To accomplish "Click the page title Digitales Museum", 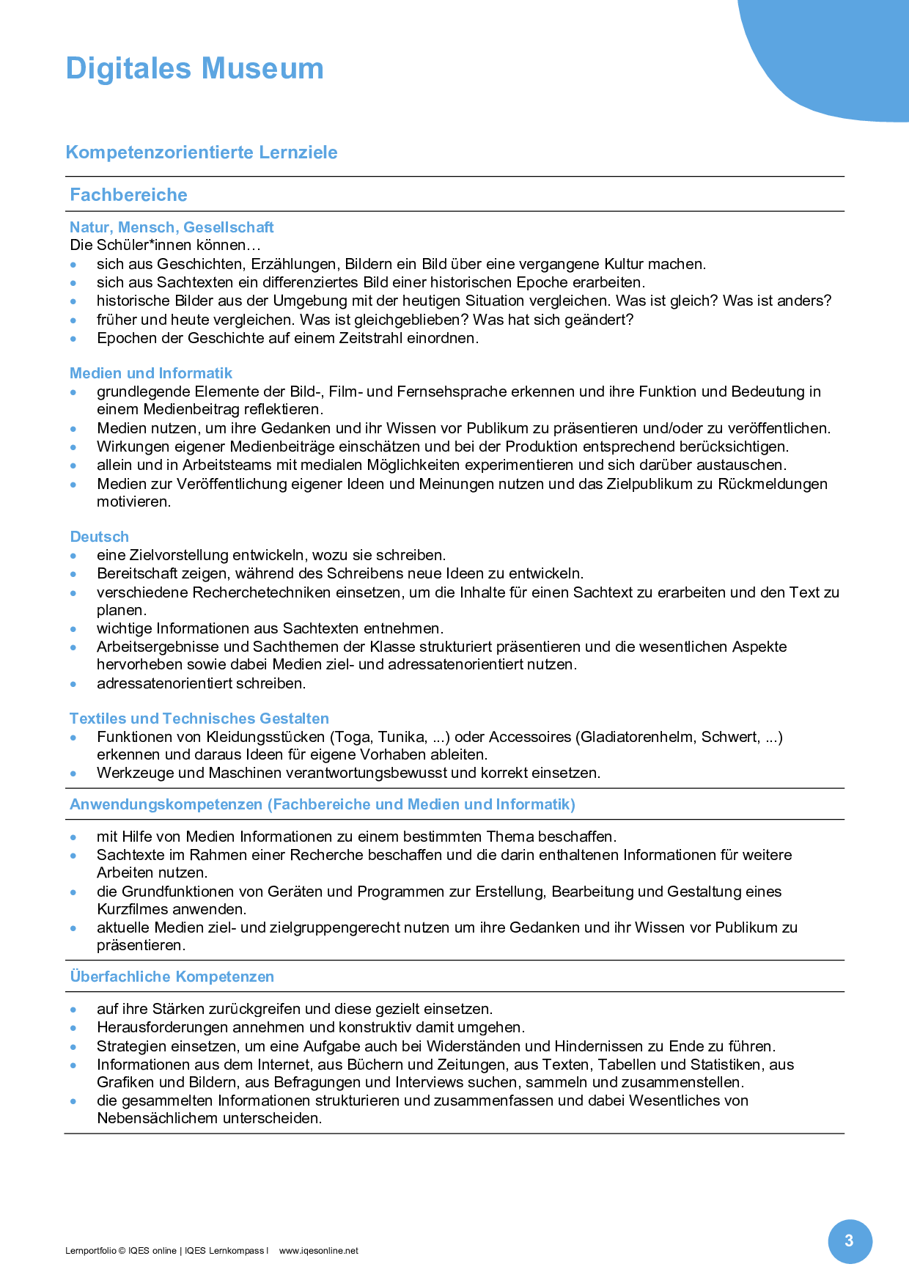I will coord(194,69).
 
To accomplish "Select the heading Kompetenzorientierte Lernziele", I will coord(202,153).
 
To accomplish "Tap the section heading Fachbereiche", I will coord(128,195).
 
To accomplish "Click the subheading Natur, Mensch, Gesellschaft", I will coord(172,227).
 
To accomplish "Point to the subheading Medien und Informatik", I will coord(151,373).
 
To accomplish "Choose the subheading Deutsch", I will coord(100,537).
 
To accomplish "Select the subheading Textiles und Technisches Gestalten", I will coord(199,719).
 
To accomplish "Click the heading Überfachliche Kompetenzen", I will coord(172,977).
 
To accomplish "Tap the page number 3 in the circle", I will coord(850,1241).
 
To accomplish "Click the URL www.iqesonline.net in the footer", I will coord(319,1251).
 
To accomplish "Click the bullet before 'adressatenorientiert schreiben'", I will coord(73,684).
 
